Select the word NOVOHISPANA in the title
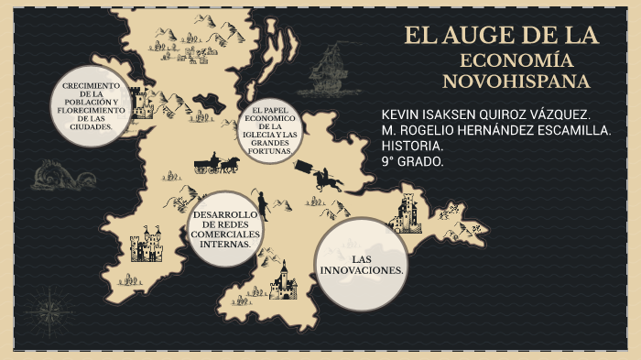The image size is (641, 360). tap(516, 82)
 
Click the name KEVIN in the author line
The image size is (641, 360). tap(401, 115)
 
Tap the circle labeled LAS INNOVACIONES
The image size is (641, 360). tap(361, 265)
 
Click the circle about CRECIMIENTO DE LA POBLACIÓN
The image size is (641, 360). tap(90, 106)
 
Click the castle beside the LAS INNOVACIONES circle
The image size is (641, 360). tap(406, 214)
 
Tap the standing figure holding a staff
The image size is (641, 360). tap(262, 203)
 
